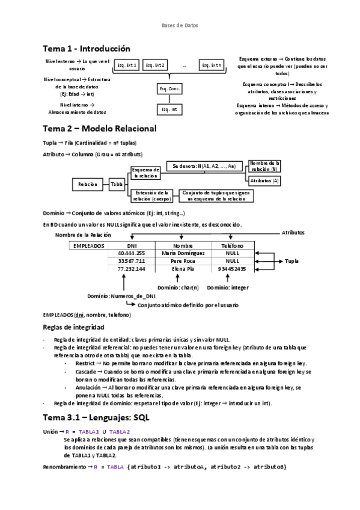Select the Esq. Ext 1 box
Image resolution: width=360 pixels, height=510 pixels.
(127, 65)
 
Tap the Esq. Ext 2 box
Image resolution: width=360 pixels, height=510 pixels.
(155, 65)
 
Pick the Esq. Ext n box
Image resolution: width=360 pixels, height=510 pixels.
(212, 65)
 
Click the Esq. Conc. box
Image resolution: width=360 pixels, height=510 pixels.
(169, 89)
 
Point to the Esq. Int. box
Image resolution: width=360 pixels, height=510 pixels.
(169, 109)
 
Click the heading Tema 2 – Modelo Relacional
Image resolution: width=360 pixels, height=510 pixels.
(99, 129)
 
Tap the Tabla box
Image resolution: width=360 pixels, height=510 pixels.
(116, 184)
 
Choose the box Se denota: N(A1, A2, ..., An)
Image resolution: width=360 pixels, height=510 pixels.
(203, 166)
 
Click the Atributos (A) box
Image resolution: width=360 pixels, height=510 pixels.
(264, 180)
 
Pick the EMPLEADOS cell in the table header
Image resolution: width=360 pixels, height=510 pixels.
(88, 245)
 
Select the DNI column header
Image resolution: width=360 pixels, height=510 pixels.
(132, 245)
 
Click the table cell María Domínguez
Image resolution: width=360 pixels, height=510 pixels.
(183, 253)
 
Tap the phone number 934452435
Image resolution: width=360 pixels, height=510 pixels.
(233, 269)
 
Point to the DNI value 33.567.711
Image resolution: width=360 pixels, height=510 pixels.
(132, 261)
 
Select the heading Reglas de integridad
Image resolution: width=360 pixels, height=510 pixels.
(73, 327)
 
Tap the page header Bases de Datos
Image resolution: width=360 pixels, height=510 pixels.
(180, 25)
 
